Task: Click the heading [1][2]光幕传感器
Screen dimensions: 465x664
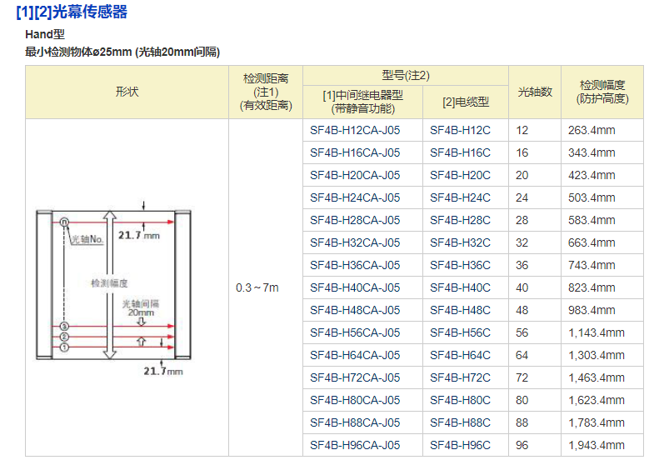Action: coord(72,12)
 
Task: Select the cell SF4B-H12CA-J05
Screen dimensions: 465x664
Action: coord(355,130)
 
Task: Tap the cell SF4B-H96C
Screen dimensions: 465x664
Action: coord(460,445)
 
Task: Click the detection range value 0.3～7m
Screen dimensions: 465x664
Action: coord(257,287)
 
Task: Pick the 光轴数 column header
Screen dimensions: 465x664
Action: coord(535,92)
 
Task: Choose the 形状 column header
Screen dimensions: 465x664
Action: coord(127,92)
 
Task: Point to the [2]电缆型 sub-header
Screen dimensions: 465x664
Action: coord(465,102)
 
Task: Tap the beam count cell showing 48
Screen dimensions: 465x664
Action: coord(522,310)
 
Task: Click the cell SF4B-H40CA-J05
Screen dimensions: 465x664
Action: coord(355,287)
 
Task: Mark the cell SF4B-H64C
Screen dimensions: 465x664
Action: coord(460,355)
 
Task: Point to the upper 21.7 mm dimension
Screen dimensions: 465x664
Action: coord(137,236)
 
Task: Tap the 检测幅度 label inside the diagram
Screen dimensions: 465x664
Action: coord(108,283)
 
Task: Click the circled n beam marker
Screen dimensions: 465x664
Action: coord(64,222)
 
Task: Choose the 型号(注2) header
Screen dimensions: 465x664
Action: coord(406,75)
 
